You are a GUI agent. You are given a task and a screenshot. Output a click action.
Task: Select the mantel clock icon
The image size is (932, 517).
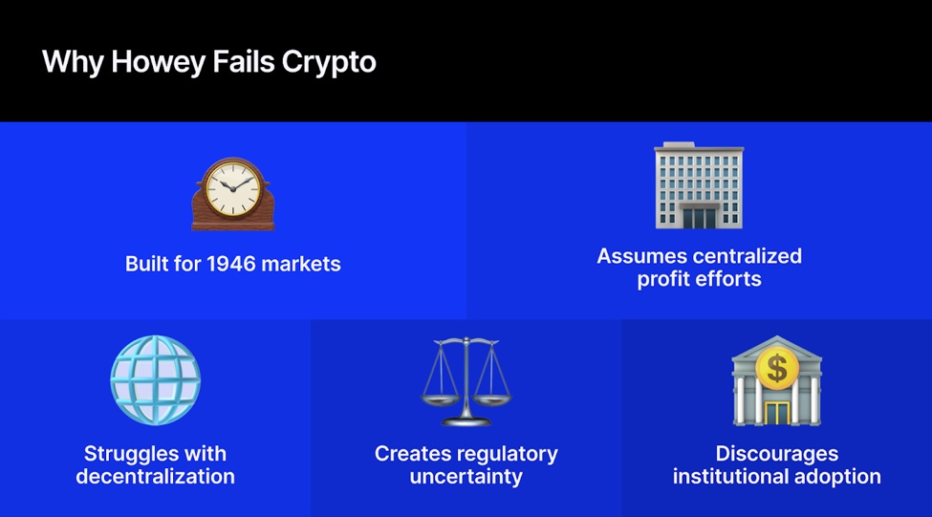point(232,194)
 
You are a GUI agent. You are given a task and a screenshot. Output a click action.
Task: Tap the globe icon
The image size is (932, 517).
point(155,380)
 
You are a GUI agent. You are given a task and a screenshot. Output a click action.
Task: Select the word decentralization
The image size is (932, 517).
point(155,476)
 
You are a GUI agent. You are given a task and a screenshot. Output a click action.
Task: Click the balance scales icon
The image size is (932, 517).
point(466,380)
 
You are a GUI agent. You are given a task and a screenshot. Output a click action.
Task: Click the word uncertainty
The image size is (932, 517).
point(466,476)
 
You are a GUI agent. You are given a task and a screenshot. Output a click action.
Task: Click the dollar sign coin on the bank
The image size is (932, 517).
point(776,366)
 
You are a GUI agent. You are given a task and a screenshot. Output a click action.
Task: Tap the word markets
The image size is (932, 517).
point(301,264)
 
